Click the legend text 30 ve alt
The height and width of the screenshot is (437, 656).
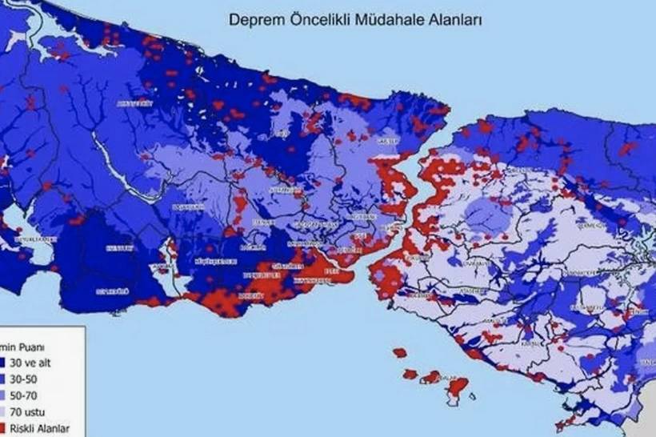(x=37, y=363)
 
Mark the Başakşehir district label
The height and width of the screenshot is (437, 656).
(x=189, y=206)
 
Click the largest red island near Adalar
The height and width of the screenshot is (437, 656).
(x=457, y=388)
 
